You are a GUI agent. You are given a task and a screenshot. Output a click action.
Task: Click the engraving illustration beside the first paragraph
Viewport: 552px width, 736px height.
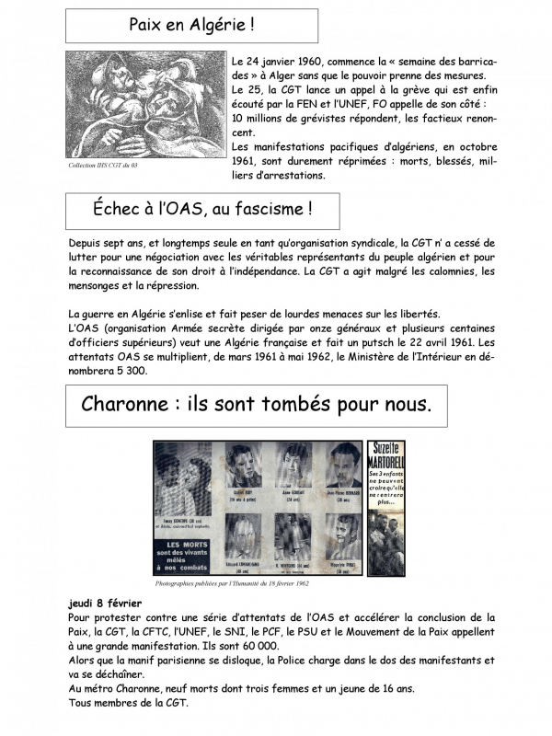click(144, 103)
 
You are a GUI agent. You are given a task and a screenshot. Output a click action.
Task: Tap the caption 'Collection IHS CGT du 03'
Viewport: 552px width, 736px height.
click(109, 166)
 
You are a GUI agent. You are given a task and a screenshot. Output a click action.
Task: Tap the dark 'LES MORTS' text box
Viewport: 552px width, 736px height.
click(189, 550)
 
